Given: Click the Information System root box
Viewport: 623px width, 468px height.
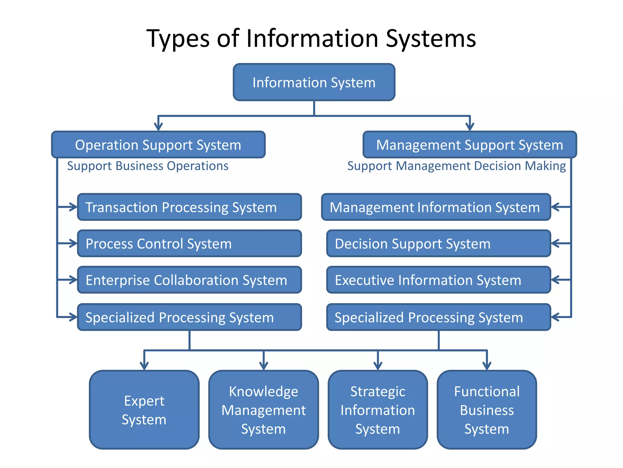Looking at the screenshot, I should point(314,82).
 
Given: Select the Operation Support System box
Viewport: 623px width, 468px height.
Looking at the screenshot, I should point(158,145).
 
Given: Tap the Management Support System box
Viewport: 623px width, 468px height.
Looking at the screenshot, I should point(470,145).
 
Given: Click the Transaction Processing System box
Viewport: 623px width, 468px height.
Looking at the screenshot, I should point(189,207).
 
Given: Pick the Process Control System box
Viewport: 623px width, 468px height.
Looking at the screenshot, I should point(189,243).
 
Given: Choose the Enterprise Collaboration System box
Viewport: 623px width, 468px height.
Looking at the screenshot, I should point(189,280).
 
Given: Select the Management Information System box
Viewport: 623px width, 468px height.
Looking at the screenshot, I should point(436,207).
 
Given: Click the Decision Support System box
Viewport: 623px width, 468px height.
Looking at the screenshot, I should point(438,243).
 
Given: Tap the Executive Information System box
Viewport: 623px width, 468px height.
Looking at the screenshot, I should point(438,280).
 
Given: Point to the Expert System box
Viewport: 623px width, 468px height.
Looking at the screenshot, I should point(144,410).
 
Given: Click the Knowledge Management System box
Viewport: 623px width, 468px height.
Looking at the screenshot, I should point(263,410).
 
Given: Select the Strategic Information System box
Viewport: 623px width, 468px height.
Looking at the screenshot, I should point(378,410).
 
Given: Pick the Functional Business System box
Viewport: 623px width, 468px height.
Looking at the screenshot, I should point(487,410).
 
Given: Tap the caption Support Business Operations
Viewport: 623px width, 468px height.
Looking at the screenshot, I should point(148,166).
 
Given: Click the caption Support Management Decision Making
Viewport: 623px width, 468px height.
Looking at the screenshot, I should point(456,166).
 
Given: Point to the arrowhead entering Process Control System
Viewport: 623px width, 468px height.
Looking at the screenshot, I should point(74,243).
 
